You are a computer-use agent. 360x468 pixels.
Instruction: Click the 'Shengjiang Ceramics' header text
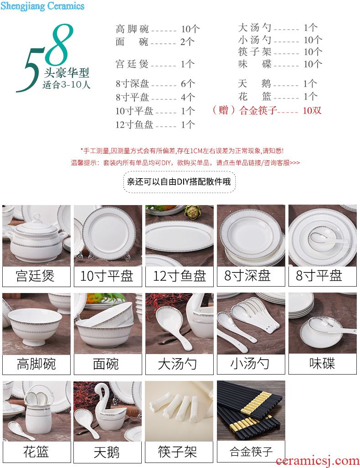click(x=42, y=6)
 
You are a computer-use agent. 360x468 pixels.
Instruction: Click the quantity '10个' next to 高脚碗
click(x=190, y=29)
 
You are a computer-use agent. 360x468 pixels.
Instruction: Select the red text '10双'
click(x=312, y=110)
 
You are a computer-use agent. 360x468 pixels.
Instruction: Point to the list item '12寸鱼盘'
click(x=134, y=124)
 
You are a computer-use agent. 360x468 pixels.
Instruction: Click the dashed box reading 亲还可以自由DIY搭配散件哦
click(x=179, y=182)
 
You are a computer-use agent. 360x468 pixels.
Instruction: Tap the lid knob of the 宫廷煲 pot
click(x=37, y=217)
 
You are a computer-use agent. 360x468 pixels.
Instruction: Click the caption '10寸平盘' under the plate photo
click(x=107, y=276)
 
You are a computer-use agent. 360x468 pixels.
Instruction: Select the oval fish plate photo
click(x=180, y=236)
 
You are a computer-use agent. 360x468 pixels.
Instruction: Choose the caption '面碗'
click(x=106, y=364)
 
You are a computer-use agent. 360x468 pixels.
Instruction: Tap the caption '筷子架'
click(x=177, y=452)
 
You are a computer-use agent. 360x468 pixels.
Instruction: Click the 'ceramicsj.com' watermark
click(x=318, y=462)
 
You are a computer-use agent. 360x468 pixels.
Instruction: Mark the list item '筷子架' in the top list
click(x=255, y=51)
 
